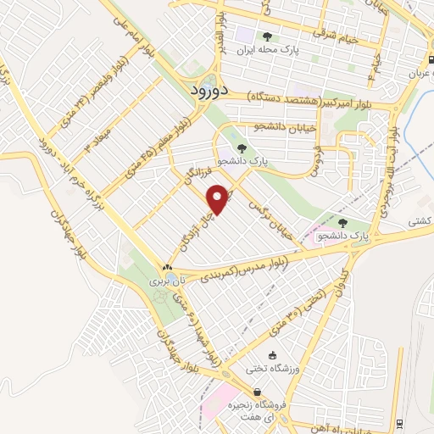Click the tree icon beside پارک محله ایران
point(267,36)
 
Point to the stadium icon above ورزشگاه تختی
point(272,355)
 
